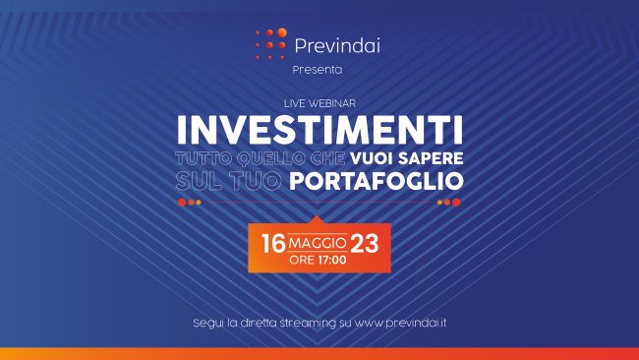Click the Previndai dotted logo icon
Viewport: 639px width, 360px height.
pos(270,43)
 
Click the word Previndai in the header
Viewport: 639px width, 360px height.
pos(337,44)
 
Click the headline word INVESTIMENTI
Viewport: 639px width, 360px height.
pos(319,130)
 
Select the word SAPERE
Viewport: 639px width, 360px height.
pos(429,157)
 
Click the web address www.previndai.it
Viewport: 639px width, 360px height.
pos(402,323)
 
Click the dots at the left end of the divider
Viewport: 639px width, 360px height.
pos(189,203)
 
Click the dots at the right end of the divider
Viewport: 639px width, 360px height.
pos(448,203)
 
